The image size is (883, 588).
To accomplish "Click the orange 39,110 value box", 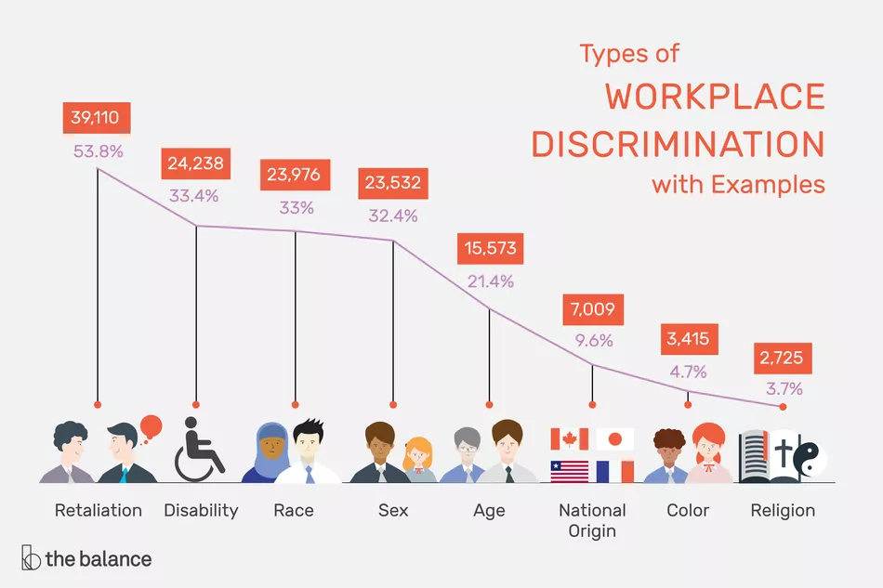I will (x=97, y=117).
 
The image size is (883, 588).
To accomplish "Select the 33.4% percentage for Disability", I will (x=194, y=196).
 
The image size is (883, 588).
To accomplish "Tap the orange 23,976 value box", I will (x=295, y=176).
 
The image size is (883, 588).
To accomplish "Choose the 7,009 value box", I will (x=592, y=308).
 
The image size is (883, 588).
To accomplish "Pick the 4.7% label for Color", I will (x=687, y=372).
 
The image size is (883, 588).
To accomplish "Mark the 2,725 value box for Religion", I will (x=783, y=357).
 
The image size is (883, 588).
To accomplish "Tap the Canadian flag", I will (x=569, y=439).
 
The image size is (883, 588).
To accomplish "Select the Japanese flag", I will (x=614, y=439).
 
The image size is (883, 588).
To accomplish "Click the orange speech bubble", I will (x=150, y=428).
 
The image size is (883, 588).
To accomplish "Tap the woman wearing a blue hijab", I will (x=269, y=452).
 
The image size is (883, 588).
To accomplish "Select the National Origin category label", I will (x=592, y=520).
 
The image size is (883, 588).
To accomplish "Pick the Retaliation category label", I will (x=99, y=510).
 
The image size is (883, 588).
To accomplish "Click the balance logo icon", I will (x=31, y=559).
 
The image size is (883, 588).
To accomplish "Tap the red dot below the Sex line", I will (x=392, y=404).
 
